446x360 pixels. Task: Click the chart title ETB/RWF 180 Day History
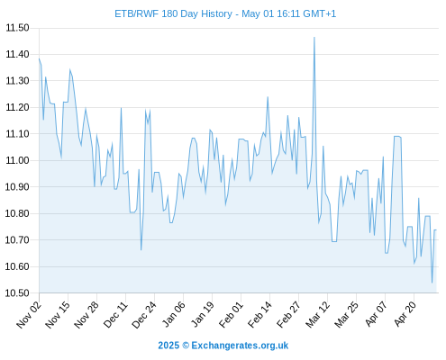click(173, 13)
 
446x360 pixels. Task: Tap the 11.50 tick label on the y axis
click(17, 28)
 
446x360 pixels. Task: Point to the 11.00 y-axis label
click(17, 160)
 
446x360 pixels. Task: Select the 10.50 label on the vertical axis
click(17, 293)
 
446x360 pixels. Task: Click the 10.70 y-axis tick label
click(17, 240)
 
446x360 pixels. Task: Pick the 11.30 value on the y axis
click(17, 81)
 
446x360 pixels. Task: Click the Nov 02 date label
click(29, 315)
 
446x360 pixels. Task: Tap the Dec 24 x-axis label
click(144, 315)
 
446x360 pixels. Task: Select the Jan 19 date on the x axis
click(202, 315)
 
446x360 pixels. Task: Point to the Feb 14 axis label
click(259, 315)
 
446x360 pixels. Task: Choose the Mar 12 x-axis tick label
click(317, 315)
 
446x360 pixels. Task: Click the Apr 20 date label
click(405, 315)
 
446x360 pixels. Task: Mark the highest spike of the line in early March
click(314, 38)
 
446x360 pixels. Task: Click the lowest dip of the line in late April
click(432, 283)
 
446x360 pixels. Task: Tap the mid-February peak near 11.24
click(268, 97)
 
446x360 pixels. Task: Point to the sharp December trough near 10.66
click(141, 249)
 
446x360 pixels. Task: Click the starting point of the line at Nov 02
click(39, 58)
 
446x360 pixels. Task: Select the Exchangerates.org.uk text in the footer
click(240, 346)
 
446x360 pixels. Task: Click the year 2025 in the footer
click(168, 346)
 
